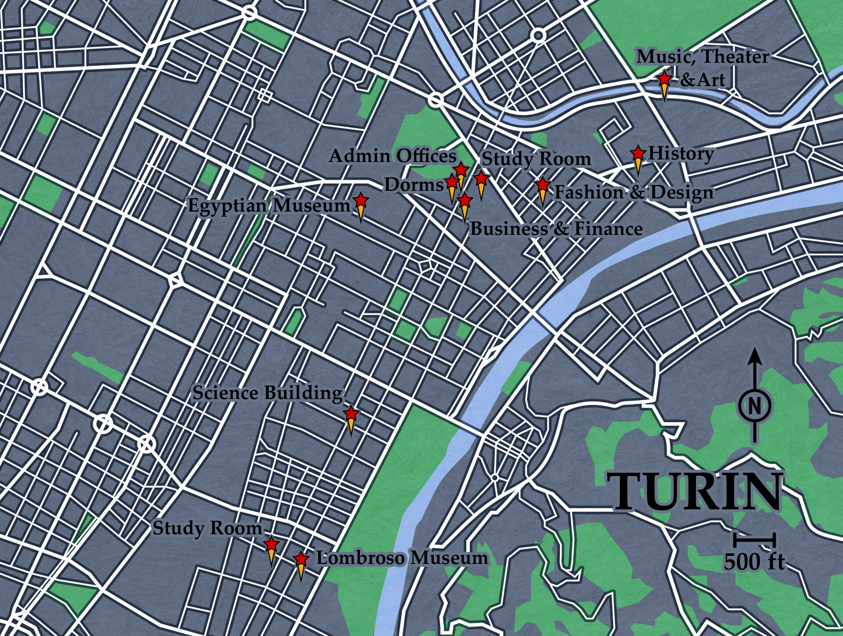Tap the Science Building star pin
351,414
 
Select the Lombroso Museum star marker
301,560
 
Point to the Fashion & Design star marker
543,185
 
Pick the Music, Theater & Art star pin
664,79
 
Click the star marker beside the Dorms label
452,181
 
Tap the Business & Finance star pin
465,201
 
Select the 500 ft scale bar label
754,561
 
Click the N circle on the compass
754,406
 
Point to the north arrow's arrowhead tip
754,349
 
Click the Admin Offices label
393,156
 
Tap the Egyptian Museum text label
269,205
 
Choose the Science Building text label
267,393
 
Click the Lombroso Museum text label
402,558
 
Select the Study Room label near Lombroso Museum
207,528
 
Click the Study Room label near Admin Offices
536,159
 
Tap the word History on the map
681,154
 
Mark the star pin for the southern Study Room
271,545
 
